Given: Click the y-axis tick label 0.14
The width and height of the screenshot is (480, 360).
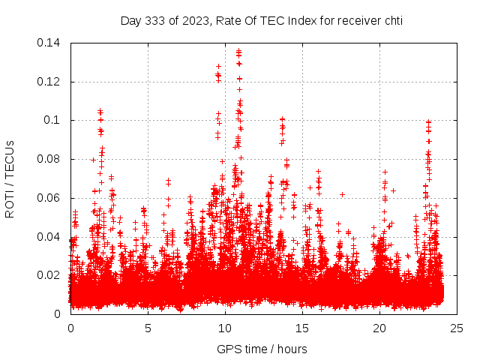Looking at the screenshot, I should click(x=49, y=43).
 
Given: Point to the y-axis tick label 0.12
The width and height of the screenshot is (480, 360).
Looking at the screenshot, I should click(x=49, y=82).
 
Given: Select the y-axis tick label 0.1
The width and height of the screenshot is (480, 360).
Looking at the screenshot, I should click(x=52, y=120).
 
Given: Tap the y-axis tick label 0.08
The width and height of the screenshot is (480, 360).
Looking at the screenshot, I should click(x=49, y=159).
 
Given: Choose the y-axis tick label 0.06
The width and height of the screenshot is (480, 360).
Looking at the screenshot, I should click(x=49, y=198).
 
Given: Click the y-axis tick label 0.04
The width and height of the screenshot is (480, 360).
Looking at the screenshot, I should click(x=49, y=237).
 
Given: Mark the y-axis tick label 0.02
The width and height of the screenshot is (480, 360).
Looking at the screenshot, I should click(x=49, y=275).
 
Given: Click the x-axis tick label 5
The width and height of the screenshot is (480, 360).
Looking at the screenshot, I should click(x=148, y=328).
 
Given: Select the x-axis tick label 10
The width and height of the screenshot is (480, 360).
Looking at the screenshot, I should click(x=225, y=328).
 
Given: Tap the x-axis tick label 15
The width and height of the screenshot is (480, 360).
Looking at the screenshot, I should click(x=302, y=328).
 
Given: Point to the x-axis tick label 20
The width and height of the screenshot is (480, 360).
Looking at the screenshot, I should click(x=379, y=328).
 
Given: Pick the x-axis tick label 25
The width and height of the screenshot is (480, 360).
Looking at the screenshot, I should click(x=457, y=328).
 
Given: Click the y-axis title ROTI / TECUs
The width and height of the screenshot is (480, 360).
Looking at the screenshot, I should click(x=10, y=178).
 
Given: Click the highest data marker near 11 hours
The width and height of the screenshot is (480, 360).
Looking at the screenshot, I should click(x=238, y=51).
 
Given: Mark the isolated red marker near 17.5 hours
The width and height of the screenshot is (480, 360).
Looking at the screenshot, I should click(x=342, y=194).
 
